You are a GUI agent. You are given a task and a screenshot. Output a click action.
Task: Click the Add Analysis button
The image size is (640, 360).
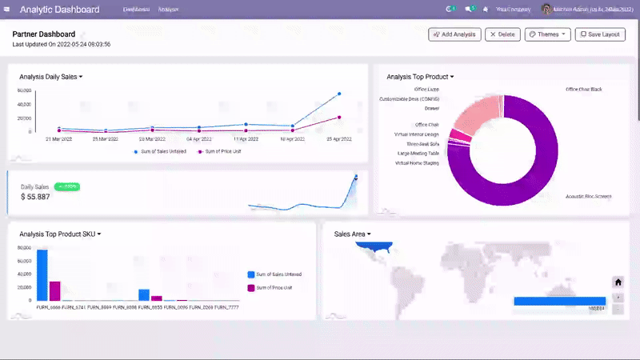pos(454,34)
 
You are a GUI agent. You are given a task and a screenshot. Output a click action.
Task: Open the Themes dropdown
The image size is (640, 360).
pos(547,34)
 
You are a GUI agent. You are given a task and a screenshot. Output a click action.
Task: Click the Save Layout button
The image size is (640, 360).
pos(601,34)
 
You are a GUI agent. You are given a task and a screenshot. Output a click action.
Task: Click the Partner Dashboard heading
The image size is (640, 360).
pos(44,34)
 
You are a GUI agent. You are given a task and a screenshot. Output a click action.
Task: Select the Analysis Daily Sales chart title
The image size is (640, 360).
pos(50,77)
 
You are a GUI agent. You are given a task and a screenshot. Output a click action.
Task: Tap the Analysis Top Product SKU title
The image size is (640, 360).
pos(58,234)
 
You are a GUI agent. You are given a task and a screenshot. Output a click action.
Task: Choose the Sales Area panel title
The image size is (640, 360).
pos(350,234)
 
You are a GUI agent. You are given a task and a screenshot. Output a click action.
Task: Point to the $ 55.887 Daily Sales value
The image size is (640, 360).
pos(35,197)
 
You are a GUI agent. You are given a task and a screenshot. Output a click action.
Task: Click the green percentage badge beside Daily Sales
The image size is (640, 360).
pos(66,186)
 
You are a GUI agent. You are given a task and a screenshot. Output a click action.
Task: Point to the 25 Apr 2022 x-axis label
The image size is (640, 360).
pos(339,139)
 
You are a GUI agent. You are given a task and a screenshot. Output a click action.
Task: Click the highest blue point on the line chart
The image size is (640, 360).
pos(339,94)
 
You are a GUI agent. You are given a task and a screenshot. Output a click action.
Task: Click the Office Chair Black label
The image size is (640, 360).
pos(583,90)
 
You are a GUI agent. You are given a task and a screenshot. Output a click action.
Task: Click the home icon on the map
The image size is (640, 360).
pos(618,282)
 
